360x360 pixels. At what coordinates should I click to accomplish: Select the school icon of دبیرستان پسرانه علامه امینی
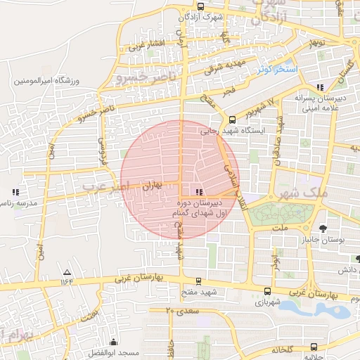click(321, 87)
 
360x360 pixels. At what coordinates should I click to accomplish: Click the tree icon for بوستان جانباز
click(323, 228)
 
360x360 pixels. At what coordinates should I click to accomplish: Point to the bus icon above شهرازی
click(267, 291)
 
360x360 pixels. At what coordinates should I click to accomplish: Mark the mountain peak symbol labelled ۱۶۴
click(67, 272)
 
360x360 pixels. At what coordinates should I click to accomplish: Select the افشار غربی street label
click(146, 46)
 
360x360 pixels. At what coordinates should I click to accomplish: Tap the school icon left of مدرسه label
click(15, 191)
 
